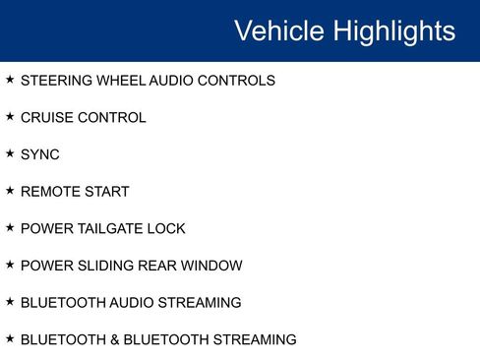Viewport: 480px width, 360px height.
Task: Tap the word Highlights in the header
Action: point(392,30)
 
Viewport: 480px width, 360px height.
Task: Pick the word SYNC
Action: point(40,154)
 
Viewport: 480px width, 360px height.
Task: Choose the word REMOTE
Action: point(48,192)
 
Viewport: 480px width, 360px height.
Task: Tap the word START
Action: point(105,192)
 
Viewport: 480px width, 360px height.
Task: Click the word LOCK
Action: point(166,229)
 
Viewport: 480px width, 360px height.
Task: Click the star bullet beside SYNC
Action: point(10,153)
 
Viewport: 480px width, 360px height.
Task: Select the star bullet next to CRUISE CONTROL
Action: point(10,116)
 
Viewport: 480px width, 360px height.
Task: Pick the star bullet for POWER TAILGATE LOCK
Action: point(10,227)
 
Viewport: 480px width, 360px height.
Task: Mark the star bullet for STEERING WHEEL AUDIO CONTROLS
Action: point(10,79)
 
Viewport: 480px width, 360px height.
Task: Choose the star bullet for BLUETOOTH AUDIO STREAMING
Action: point(10,301)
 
